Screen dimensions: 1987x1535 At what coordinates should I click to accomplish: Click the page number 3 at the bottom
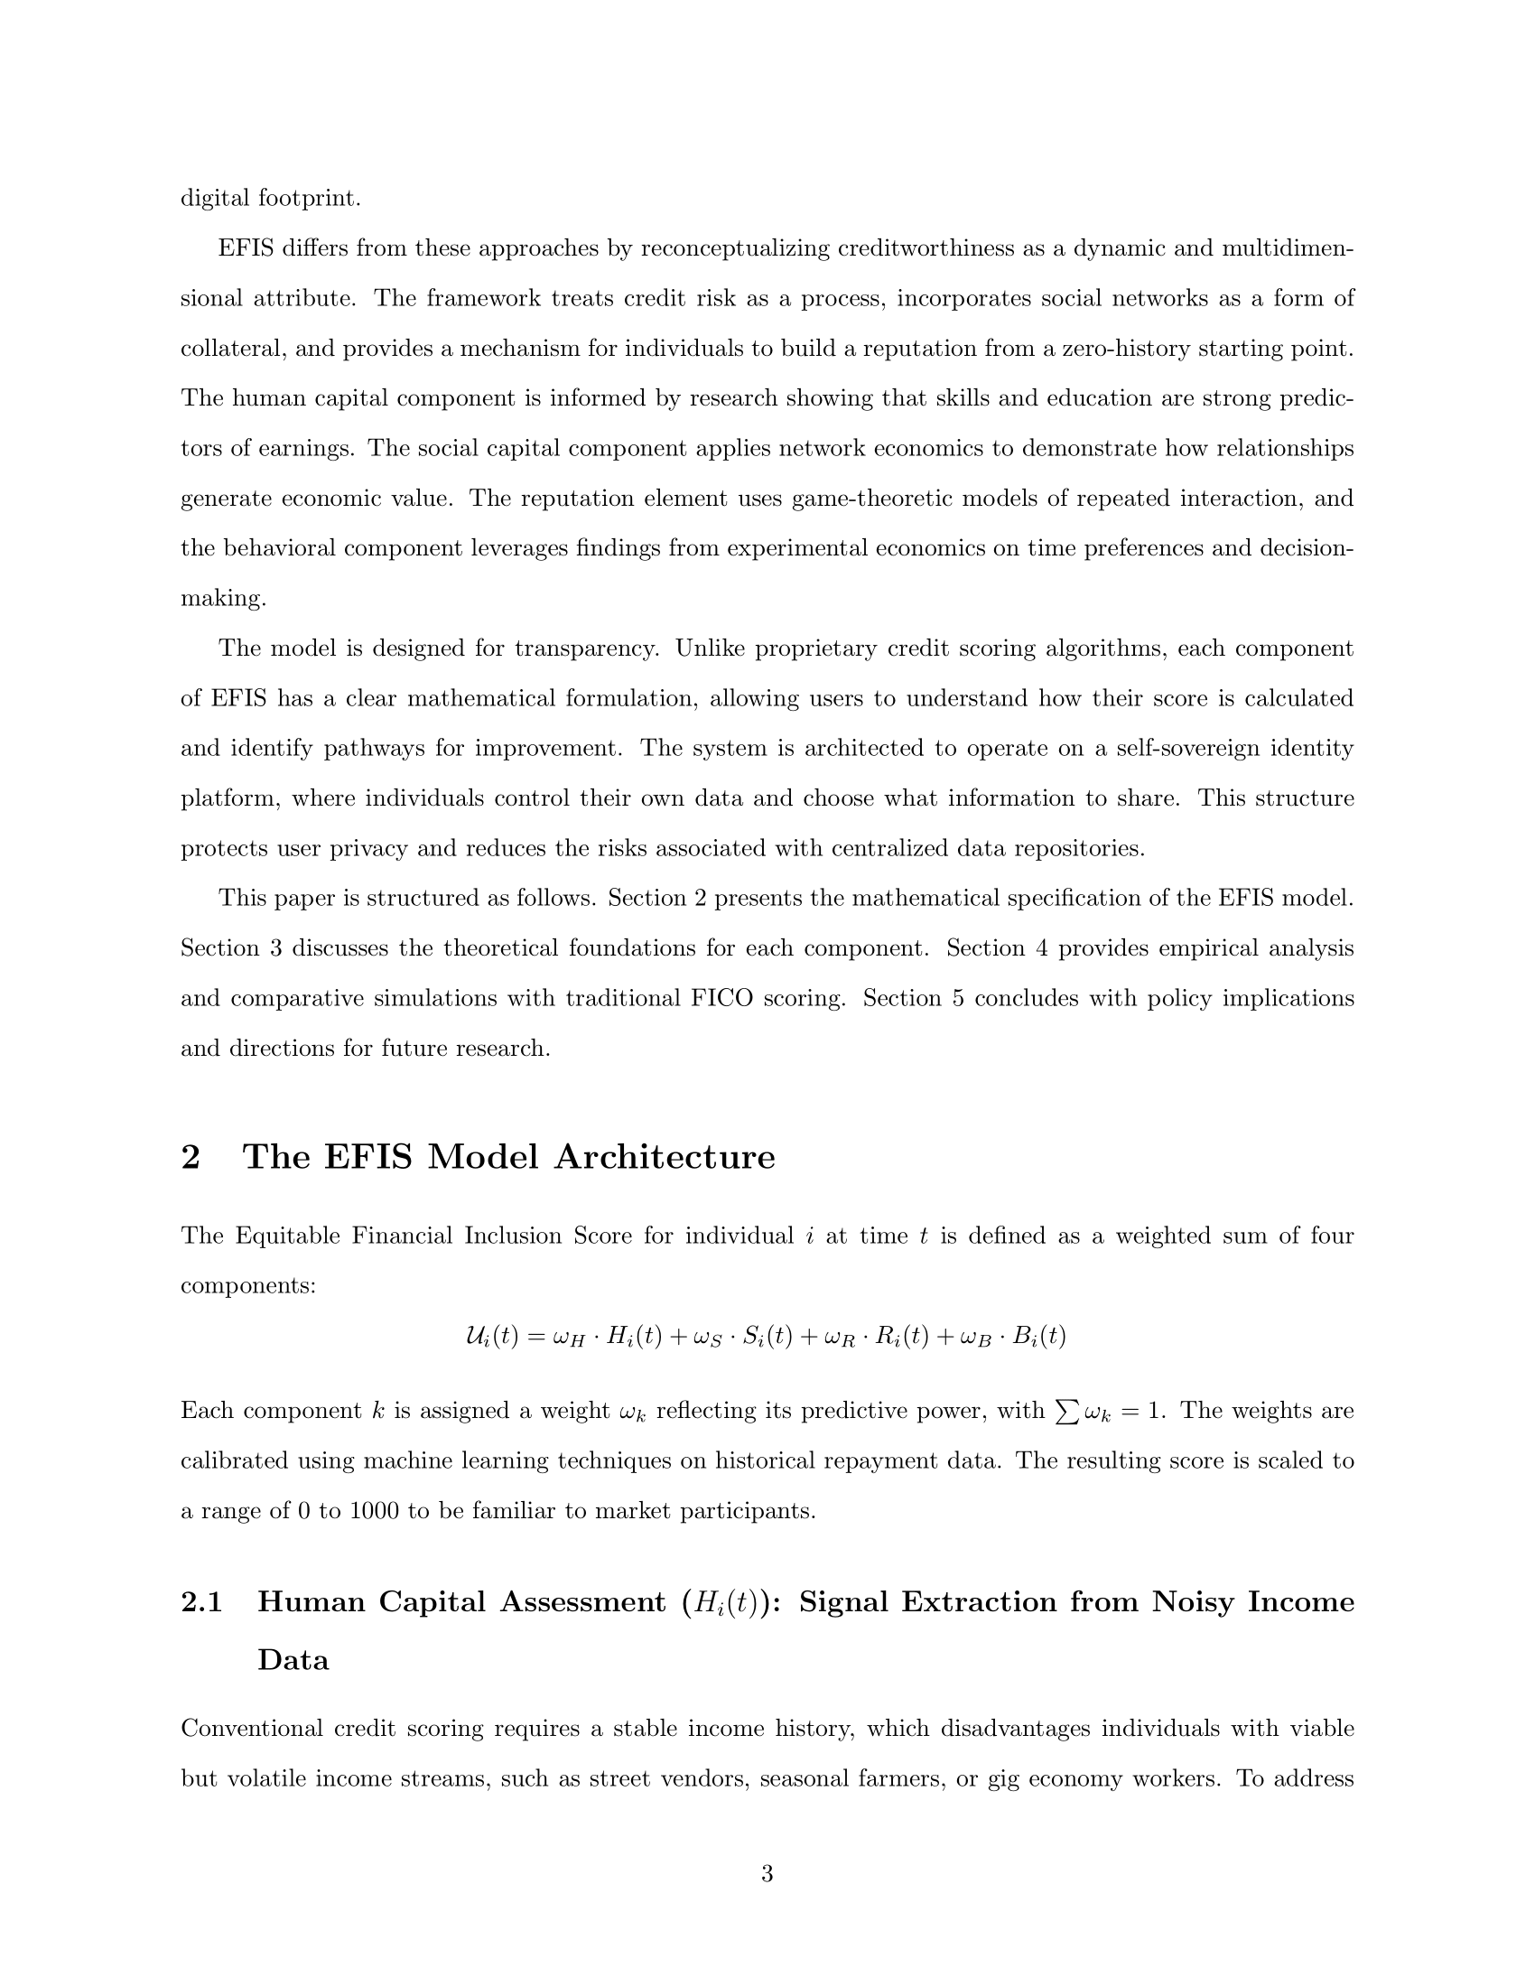point(767,1873)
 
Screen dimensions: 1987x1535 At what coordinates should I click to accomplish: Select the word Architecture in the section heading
point(665,1157)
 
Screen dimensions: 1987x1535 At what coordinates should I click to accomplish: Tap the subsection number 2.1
point(202,1602)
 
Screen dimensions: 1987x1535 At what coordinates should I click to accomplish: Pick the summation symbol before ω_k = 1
point(1062,1411)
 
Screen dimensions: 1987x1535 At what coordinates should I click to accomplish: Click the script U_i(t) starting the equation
point(491,1337)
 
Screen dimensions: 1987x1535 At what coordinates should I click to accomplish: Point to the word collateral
point(232,350)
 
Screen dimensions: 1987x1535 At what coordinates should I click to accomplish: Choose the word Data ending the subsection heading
point(293,1660)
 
